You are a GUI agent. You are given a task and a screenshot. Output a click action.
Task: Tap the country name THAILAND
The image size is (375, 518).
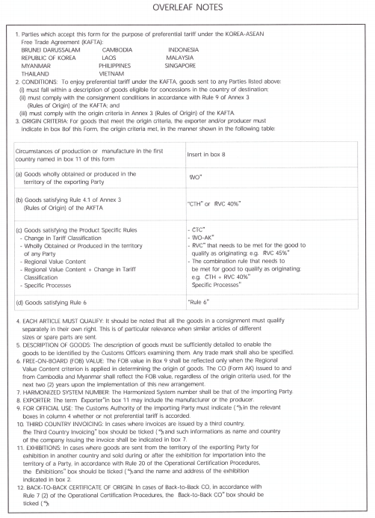coord(38,73)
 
